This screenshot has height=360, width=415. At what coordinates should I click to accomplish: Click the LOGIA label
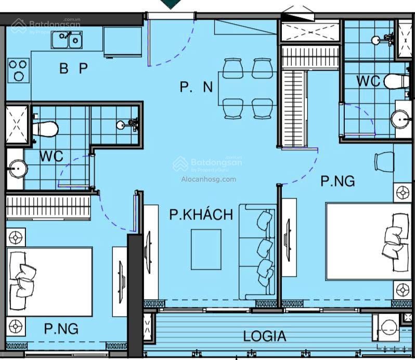[264, 336]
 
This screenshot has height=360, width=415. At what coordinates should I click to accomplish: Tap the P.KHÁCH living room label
[201, 214]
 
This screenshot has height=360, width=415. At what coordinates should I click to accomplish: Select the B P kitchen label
[73, 68]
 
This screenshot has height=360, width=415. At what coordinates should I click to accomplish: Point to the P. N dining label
[196, 86]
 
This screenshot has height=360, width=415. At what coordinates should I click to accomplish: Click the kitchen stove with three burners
[18, 70]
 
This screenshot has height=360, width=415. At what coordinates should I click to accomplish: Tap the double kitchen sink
[67, 40]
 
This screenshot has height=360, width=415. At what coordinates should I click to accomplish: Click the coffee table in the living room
[206, 249]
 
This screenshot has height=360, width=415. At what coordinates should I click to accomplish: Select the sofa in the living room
[257, 252]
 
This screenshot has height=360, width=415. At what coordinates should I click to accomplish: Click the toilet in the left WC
[45, 129]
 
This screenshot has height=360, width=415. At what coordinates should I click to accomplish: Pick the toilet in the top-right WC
[396, 81]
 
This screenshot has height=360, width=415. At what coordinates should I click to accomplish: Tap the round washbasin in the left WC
[18, 169]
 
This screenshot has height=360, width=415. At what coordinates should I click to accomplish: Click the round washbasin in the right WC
[401, 120]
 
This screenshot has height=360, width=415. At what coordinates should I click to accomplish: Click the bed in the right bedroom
[369, 241]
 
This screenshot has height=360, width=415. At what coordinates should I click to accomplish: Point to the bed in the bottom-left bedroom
[49, 281]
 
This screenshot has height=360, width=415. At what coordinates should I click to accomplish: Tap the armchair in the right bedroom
[384, 161]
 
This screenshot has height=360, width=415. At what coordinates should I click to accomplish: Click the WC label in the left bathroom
[51, 156]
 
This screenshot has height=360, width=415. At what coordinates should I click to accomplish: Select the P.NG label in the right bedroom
[338, 181]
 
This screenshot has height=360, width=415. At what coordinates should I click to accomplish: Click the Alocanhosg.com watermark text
[209, 179]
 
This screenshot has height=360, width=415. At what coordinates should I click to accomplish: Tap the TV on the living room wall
[148, 252]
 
